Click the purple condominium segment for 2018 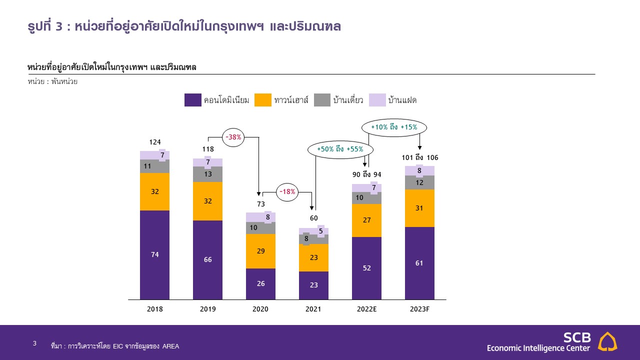[154, 255]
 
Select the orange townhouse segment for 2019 [207, 201]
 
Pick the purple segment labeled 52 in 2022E [366, 268]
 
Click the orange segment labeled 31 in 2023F [419, 208]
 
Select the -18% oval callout [287, 191]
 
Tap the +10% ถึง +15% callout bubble [394, 127]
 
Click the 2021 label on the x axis [313, 309]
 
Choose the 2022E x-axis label [366, 309]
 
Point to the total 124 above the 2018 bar [154, 142]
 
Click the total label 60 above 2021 [313, 218]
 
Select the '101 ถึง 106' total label [420, 158]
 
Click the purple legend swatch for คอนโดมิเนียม [193, 100]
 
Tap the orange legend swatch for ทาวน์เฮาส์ [263, 100]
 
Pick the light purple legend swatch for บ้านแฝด [377, 100]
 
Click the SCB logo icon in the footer [607, 341]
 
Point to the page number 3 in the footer [34, 343]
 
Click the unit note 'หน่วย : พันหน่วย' [52, 81]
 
